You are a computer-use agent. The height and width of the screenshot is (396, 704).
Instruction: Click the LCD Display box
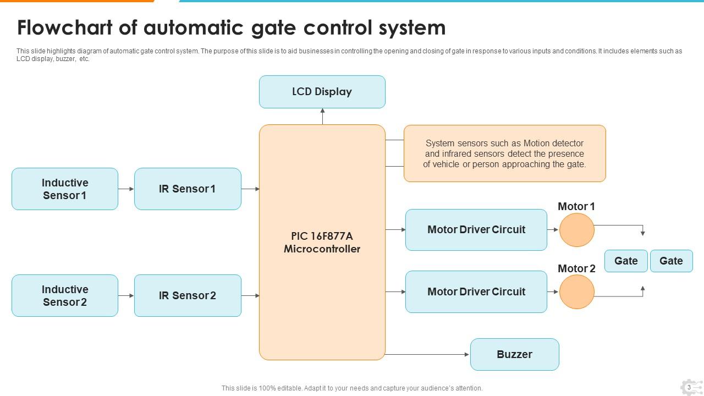click(x=322, y=92)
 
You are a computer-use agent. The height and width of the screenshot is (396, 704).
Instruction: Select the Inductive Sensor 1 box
click(x=65, y=189)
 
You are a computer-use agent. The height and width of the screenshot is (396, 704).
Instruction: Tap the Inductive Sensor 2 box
click(x=65, y=295)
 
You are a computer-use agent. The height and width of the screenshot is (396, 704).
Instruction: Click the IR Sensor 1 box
click(x=188, y=189)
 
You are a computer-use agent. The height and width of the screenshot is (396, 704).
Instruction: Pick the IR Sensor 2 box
click(x=188, y=295)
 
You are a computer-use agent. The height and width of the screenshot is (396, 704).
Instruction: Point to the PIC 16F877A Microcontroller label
click(x=322, y=243)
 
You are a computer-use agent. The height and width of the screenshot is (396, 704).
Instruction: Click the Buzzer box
click(x=514, y=354)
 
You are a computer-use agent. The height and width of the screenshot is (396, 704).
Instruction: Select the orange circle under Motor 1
click(x=577, y=230)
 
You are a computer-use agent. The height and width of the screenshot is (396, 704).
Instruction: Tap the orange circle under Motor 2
click(x=577, y=292)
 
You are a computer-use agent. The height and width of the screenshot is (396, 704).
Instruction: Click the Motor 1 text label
click(x=576, y=206)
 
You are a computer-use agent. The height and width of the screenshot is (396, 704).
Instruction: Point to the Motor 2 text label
click(x=576, y=268)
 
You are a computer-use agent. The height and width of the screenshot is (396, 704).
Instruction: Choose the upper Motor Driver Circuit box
click(x=476, y=229)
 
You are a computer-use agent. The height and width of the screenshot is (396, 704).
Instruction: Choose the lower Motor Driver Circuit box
click(x=476, y=291)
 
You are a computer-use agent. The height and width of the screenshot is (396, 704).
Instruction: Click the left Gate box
click(x=626, y=261)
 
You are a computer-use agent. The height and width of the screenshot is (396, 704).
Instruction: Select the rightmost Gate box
click(x=671, y=261)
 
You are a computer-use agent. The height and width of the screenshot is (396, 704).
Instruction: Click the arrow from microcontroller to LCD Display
click(x=322, y=116)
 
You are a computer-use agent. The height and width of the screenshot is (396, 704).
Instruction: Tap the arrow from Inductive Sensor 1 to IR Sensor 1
click(x=126, y=189)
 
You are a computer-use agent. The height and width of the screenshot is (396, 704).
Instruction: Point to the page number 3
click(x=689, y=387)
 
